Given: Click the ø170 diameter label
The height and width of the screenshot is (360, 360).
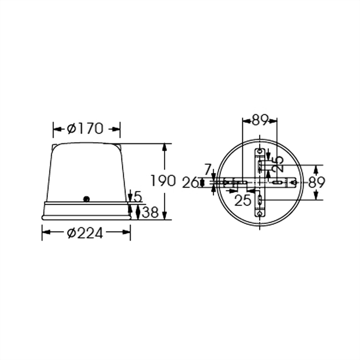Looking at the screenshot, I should (85, 129).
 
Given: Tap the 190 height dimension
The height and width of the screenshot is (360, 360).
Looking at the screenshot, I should (163, 181).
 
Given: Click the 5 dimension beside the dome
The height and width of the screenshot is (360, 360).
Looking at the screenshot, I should (138, 196).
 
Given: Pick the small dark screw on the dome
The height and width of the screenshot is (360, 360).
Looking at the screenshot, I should (87, 198).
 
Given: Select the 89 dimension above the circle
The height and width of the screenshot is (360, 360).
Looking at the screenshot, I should (260, 120).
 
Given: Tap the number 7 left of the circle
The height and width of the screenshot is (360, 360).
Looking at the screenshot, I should (207, 170).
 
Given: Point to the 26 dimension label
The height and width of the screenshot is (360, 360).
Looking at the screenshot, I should (191, 182).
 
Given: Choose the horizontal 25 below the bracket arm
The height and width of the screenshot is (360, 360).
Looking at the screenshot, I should (243, 200).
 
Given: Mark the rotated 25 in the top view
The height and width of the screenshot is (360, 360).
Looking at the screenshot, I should (278, 164).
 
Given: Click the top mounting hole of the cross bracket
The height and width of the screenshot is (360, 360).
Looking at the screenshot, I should (260, 152).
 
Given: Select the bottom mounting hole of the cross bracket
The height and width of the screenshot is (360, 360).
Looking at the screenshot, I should (260, 214).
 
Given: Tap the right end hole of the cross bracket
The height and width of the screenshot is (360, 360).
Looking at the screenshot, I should (293, 182).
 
